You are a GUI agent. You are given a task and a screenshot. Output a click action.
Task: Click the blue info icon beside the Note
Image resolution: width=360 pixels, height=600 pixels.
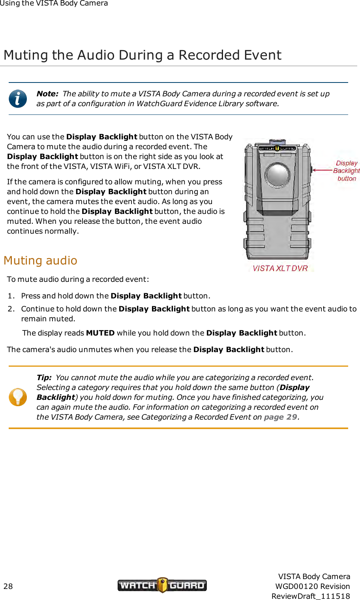click(18, 99)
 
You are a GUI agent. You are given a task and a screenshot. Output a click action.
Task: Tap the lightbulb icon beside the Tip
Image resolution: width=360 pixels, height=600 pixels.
click(18, 397)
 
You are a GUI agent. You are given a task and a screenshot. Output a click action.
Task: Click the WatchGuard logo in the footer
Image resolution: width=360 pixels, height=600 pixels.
click(162, 585)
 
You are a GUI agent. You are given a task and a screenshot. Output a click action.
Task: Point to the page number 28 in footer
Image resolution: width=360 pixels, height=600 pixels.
click(8, 586)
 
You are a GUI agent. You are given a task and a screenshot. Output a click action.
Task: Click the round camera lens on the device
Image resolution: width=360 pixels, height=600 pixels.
click(277, 174)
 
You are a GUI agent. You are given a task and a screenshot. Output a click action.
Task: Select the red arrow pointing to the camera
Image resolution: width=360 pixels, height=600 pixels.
click(322, 170)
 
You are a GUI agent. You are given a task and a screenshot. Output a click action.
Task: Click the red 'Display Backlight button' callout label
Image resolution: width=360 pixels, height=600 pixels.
click(346, 171)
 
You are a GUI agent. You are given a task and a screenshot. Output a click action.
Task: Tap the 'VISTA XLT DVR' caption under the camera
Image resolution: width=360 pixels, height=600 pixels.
click(280, 268)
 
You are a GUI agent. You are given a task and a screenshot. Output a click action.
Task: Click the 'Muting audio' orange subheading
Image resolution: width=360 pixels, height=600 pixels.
click(40, 261)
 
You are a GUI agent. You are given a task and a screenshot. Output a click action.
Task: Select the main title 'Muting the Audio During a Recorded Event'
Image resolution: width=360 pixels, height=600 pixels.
click(142, 55)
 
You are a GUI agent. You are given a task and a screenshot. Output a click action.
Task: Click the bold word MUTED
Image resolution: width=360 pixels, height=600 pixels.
click(100, 333)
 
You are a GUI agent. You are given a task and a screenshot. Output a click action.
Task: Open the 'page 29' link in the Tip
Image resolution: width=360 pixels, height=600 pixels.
click(280, 417)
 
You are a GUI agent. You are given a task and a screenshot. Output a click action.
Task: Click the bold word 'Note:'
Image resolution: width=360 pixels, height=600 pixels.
click(47, 94)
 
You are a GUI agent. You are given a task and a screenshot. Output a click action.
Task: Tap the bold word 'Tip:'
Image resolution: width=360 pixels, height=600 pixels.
click(44, 378)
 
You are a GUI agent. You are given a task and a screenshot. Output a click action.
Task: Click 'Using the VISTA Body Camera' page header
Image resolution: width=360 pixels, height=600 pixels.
click(54, 4)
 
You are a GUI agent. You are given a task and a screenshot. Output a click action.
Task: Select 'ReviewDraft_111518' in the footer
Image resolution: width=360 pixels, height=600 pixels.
click(311, 596)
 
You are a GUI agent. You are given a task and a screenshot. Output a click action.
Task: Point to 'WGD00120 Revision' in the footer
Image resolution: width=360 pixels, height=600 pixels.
click(312, 586)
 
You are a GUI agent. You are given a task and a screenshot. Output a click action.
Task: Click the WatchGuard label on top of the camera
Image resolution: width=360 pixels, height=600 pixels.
click(277, 148)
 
